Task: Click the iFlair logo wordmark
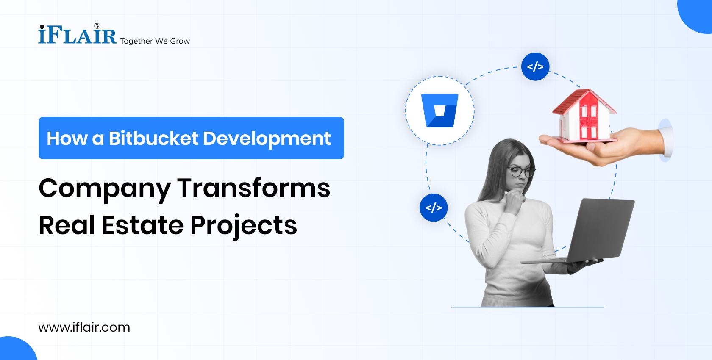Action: pos(77,35)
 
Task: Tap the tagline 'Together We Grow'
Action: pos(155,41)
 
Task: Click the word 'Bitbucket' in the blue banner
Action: pos(153,138)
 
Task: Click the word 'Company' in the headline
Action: pos(105,188)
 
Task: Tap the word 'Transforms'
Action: pos(254,188)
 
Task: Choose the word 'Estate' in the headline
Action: pos(142,225)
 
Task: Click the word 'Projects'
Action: pos(244,225)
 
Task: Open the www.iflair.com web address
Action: pos(84,327)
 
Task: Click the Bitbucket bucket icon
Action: pos(440,111)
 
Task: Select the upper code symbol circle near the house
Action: pos(535,66)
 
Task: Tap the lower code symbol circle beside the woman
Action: pos(434,208)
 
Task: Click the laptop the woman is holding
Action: pos(602,231)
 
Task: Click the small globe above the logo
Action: pos(97,26)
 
